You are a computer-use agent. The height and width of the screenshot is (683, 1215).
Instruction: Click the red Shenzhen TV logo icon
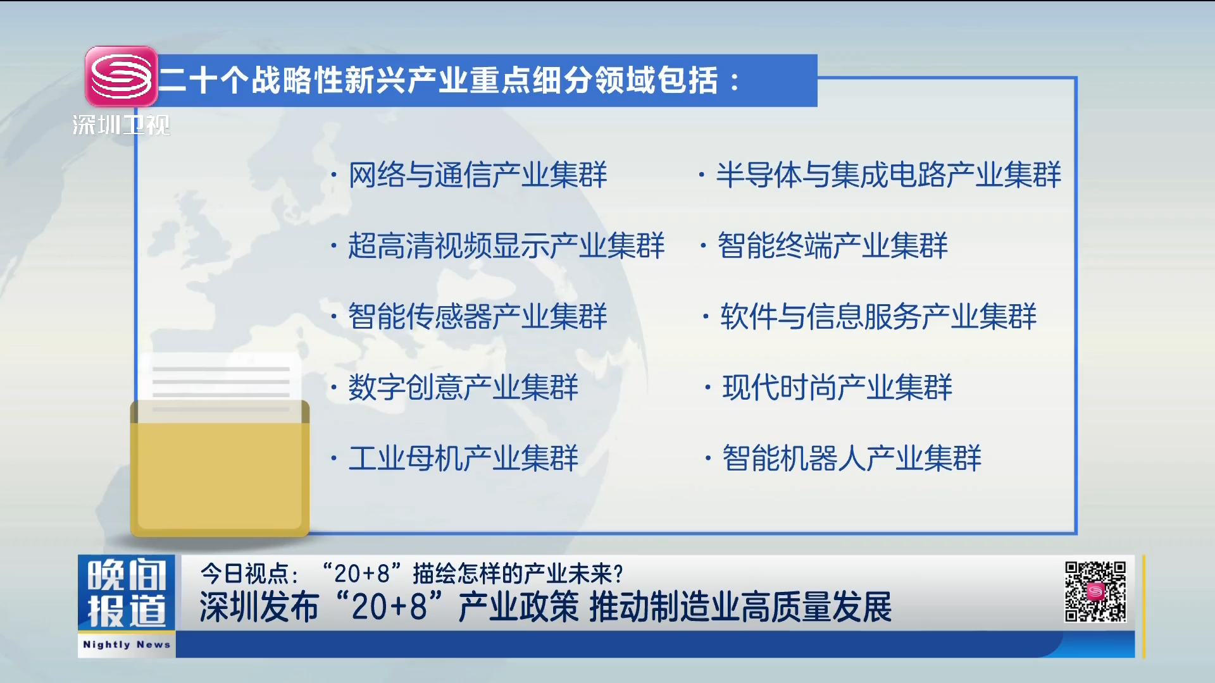[x=121, y=77]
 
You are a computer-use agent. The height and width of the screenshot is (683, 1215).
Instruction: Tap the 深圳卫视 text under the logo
[x=121, y=125]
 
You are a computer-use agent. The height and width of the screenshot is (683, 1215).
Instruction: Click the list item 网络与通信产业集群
[x=478, y=175]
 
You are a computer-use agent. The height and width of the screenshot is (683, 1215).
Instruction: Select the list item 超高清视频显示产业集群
[x=506, y=245]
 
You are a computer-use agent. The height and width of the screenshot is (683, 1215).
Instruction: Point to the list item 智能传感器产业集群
[x=478, y=316]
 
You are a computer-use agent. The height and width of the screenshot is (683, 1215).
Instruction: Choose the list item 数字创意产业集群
[x=463, y=387]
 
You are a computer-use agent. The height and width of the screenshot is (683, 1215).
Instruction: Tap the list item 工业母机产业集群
[x=463, y=458]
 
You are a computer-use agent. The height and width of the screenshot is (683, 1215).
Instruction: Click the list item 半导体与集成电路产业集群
[x=888, y=175]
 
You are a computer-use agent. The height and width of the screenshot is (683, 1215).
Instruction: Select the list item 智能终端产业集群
[x=833, y=245]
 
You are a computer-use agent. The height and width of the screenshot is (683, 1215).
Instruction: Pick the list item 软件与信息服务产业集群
[x=878, y=316]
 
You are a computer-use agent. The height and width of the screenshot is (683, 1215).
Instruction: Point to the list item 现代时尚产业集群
[x=837, y=387]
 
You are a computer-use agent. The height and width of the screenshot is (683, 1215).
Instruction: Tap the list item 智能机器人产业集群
[x=852, y=458]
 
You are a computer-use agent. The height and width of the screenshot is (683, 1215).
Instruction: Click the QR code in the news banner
[x=1095, y=592]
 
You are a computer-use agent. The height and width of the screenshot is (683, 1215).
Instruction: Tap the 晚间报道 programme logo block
[x=127, y=593]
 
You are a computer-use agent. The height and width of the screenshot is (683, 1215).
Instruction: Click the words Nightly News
[x=127, y=644]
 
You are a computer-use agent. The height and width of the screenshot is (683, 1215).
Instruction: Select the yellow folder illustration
[x=220, y=468]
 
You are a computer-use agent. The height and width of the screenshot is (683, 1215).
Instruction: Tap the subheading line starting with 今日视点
[x=412, y=574]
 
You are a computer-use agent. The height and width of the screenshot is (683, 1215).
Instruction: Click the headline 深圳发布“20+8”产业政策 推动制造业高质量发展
[x=545, y=607]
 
